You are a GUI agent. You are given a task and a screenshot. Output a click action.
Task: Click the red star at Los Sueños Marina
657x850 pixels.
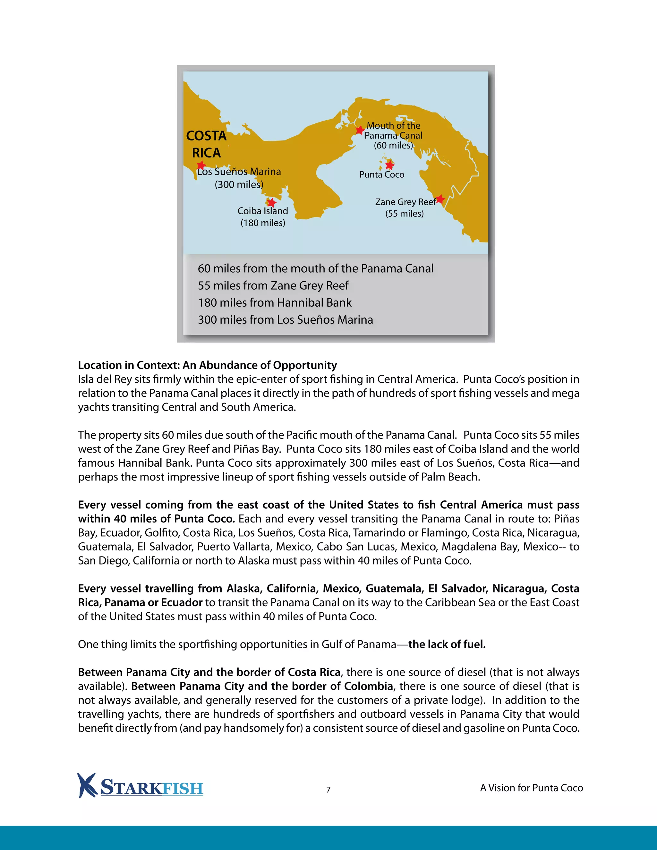click(x=201, y=165)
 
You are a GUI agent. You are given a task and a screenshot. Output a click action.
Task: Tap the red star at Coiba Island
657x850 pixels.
click(x=272, y=202)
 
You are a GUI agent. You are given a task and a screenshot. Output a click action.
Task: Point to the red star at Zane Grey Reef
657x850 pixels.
click(x=440, y=199)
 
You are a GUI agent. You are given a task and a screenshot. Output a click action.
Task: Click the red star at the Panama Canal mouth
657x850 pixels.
click(x=360, y=130)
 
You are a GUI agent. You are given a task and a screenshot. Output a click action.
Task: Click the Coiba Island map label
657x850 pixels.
click(x=263, y=211)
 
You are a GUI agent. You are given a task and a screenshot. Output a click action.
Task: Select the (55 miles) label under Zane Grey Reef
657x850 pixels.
click(x=405, y=214)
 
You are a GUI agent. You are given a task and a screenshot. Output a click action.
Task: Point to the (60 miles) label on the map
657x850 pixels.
click(x=393, y=146)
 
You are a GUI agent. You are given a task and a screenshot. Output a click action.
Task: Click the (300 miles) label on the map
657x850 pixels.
click(x=239, y=184)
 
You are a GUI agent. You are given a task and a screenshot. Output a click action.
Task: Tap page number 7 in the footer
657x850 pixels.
click(x=328, y=789)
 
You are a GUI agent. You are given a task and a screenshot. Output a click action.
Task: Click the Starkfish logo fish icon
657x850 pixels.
click(x=86, y=785)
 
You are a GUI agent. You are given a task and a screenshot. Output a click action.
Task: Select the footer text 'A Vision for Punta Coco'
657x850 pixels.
click(x=531, y=788)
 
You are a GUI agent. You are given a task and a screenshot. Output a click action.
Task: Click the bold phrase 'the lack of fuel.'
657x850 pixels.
click(x=447, y=644)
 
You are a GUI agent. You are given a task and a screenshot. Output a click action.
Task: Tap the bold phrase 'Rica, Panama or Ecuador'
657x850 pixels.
click(x=140, y=602)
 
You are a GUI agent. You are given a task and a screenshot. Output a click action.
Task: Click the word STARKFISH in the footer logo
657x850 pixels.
click(x=152, y=788)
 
